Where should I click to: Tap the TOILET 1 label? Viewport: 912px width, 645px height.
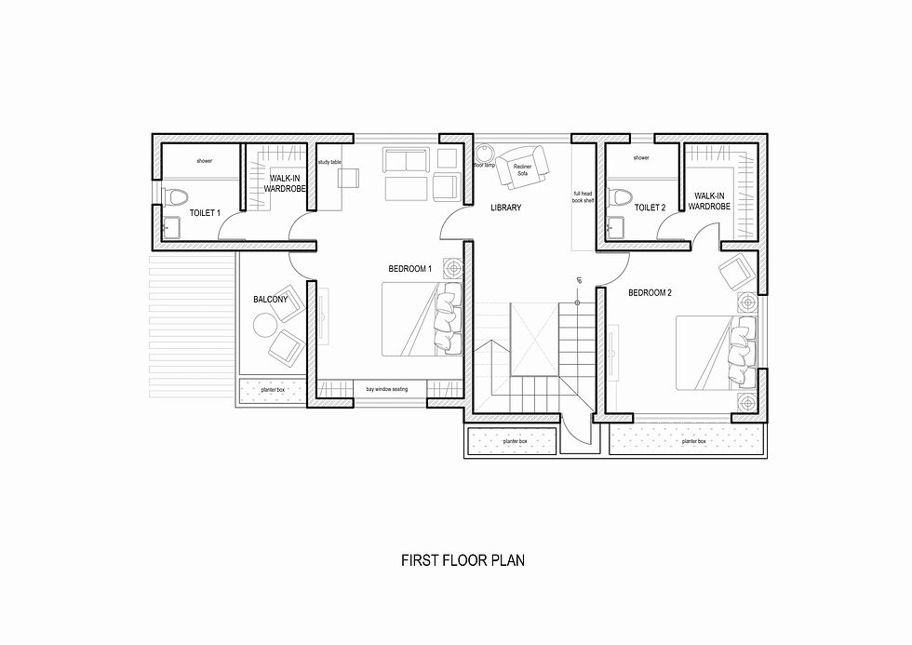click(x=205, y=213)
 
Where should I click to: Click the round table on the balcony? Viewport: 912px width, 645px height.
click(x=262, y=325)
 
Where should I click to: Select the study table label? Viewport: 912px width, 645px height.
click(x=329, y=162)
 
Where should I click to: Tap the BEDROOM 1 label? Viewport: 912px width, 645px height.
click(x=410, y=269)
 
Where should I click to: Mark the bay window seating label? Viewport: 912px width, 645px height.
click(x=387, y=389)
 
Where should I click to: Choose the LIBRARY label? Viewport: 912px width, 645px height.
click(x=506, y=208)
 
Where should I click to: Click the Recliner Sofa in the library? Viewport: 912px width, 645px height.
click(x=521, y=168)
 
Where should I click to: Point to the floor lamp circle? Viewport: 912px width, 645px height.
click(x=483, y=153)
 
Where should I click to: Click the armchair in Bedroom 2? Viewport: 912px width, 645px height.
click(x=737, y=273)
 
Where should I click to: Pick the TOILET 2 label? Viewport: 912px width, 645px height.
click(x=650, y=208)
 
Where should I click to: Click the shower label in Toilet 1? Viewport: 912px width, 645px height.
click(x=204, y=161)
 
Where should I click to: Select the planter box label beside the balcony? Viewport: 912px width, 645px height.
click(x=273, y=389)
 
